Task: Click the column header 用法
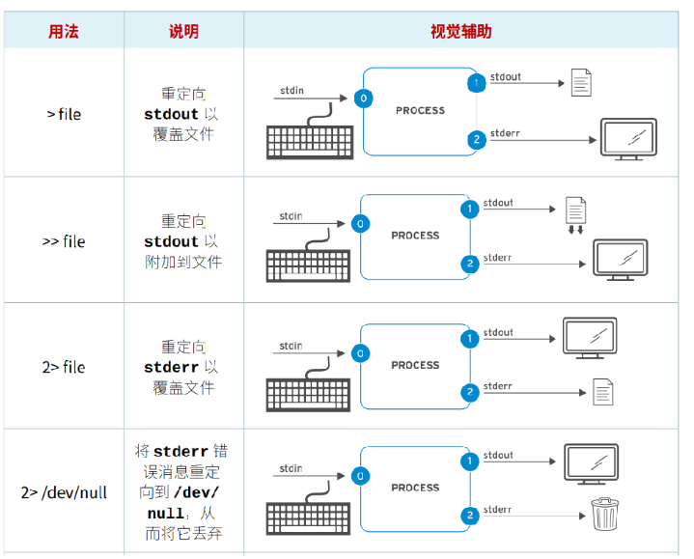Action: [x=64, y=31]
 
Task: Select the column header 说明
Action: [x=183, y=31]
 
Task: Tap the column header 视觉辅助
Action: [x=460, y=31]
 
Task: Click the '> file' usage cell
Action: [x=64, y=114]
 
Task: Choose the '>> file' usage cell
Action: [x=64, y=241]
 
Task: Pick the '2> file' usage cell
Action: [x=64, y=367]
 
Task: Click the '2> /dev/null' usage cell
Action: [x=64, y=492]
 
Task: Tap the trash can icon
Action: [x=604, y=514]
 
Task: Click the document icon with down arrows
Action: [x=575, y=213]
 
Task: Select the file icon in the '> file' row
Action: [x=580, y=83]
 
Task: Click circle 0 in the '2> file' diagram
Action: [x=360, y=354]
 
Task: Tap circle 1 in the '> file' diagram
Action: [x=475, y=83]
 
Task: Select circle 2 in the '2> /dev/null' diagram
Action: [x=470, y=515]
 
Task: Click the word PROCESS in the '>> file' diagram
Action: [x=415, y=236]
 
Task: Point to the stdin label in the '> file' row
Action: [x=291, y=91]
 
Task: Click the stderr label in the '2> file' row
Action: [x=497, y=386]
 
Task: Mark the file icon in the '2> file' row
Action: [x=602, y=392]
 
